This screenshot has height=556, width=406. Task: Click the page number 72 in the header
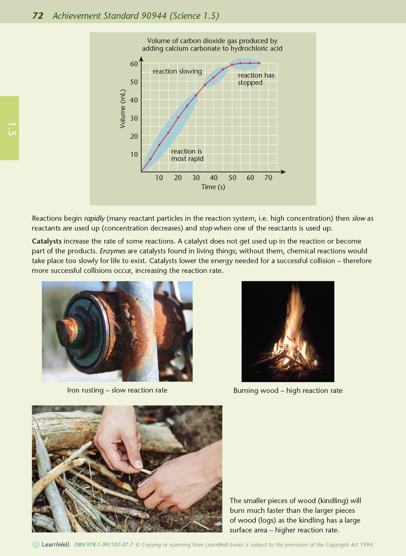(x=38, y=16)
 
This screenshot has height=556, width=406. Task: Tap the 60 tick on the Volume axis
(x=134, y=64)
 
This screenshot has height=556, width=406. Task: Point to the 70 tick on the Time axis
(x=268, y=178)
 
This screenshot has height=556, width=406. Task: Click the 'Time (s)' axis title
(x=213, y=187)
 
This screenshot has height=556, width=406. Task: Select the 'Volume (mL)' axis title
(x=123, y=109)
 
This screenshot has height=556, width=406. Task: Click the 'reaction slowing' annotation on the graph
(x=177, y=71)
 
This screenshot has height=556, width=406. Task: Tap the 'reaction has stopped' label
(x=256, y=79)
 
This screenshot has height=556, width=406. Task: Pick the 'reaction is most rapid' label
(x=187, y=155)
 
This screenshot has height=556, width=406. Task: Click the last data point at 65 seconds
(x=259, y=63)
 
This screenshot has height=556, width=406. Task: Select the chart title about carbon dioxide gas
(x=212, y=45)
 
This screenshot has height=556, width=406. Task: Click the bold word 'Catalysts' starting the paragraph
(x=46, y=241)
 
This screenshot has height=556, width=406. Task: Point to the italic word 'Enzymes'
(x=112, y=251)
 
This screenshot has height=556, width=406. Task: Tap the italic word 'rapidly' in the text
(x=94, y=218)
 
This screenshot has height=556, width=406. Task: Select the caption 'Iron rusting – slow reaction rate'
(x=117, y=390)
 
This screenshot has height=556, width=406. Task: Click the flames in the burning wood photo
(x=293, y=326)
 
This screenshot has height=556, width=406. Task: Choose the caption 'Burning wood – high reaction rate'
(x=288, y=390)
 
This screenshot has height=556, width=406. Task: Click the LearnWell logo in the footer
(x=51, y=544)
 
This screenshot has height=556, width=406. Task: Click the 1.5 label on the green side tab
(x=11, y=129)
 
